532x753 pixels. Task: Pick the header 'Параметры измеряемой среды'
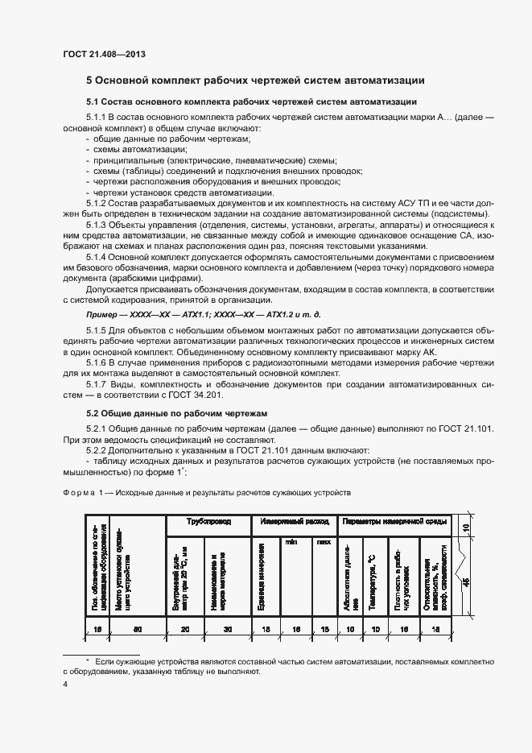coord(395,522)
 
